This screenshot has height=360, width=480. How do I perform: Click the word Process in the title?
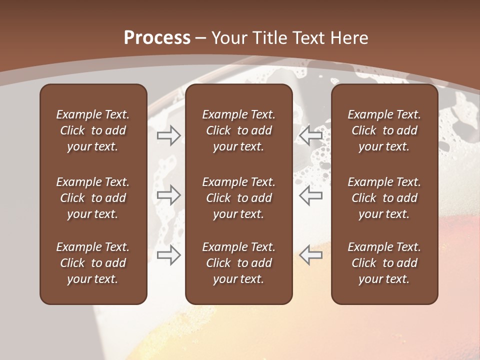click(157, 38)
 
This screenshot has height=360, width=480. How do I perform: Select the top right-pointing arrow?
click(169, 135)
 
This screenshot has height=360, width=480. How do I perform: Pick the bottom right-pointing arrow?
click(169, 255)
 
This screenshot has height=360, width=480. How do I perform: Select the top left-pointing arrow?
click(311, 135)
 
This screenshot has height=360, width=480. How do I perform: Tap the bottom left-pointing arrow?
click(311, 255)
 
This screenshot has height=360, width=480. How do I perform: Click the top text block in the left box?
click(93, 130)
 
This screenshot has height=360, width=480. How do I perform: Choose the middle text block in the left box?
click(93, 198)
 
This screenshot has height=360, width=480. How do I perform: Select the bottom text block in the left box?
click(93, 263)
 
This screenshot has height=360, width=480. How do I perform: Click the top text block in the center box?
click(238, 130)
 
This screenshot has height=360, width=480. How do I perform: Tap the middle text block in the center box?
click(238, 198)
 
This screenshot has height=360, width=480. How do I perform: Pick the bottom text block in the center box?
click(238, 263)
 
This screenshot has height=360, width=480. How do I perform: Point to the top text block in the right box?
click(384, 130)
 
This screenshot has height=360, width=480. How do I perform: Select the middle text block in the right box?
click(384, 198)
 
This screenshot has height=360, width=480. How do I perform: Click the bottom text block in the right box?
click(384, 263)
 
